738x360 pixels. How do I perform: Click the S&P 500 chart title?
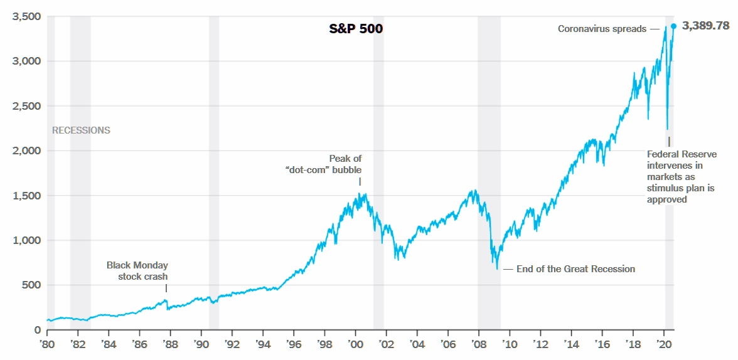pos(356,29)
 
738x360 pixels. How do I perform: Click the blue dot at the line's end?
pos(673,26)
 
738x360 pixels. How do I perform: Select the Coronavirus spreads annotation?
pos(602,29)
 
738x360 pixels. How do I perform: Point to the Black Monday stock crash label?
pos(137,270)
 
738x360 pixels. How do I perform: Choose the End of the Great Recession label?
pos(575,269)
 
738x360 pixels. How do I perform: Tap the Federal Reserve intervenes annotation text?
pos(681,177)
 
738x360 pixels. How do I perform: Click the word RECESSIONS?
pos(81,130)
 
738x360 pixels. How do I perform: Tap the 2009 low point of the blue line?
pos(497,269)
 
